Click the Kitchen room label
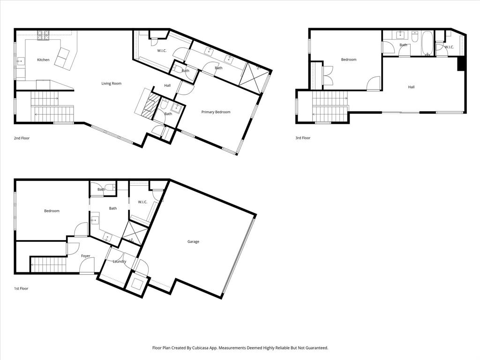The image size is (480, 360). point(43,60)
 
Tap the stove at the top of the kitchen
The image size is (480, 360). point(44,34)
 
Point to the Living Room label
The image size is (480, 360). point(112,83)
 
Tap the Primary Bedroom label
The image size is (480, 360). point(216,112)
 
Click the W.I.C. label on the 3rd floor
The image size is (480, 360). point(449,47)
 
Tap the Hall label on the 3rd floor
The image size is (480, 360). point(411,87)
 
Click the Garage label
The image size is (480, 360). point(193,242)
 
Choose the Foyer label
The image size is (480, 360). point(85,256)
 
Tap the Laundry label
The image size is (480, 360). point(119,262)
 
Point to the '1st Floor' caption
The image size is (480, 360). point(21,289)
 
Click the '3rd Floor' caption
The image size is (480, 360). point(303,138)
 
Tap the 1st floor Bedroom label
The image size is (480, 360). point(52,211)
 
